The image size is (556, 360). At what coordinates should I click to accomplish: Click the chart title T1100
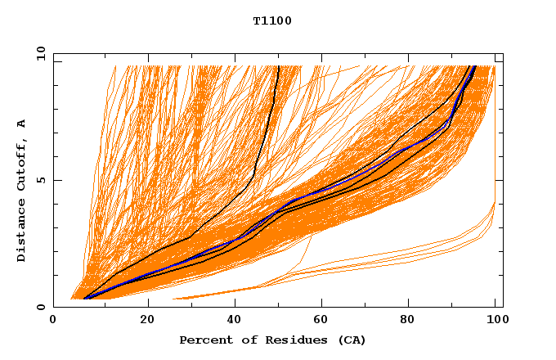[x=272, y=21]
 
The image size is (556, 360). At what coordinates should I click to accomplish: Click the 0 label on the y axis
[x=41, y=308]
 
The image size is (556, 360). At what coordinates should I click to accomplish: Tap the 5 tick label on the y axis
[x=41, y=181]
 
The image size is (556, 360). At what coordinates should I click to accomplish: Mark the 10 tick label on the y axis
[x=38, y=54]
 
